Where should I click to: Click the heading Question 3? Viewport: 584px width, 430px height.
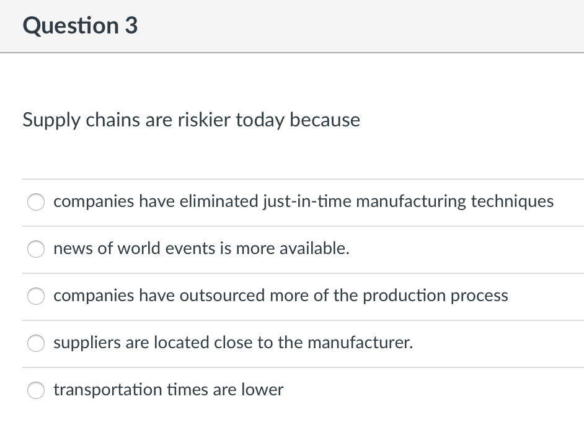tap(80, 26)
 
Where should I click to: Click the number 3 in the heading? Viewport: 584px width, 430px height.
tap(130, 26)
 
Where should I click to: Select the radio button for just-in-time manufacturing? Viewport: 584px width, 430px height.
tap(36, 202)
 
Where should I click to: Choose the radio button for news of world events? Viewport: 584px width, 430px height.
tap(36, 249)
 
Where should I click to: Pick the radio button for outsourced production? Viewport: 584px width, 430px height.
tap(36, 296)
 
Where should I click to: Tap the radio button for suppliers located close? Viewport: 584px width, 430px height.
tap(36, 343)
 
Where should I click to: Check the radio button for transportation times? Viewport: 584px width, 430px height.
tap(36, 390)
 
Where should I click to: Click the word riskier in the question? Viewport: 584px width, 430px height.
tap(208, 120)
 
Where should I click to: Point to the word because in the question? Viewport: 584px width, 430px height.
tap(325, 120)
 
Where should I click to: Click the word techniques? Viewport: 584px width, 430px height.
tap(512, 201)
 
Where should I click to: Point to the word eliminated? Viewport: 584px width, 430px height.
tap(218, 201)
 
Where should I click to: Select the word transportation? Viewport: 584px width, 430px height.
tap(107, 390)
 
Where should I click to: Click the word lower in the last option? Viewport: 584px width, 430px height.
tap(264, 390)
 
